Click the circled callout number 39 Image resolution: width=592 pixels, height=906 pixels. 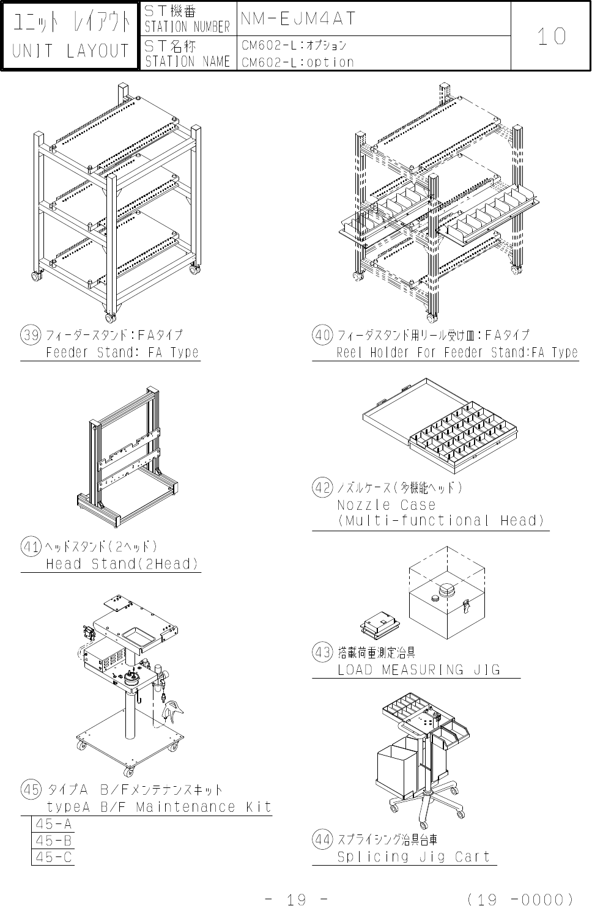pos(31,335)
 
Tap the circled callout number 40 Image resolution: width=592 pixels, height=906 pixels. pos(322,335)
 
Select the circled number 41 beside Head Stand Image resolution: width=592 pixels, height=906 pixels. pos(31,547)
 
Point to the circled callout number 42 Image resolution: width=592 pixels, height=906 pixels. pos(322,487)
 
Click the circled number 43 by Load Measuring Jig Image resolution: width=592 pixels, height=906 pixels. pos(322,652)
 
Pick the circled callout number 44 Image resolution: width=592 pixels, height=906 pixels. pos(322,839)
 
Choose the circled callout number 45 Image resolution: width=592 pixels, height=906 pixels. pos(31,789)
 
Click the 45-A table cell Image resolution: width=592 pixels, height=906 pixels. pos(53,823)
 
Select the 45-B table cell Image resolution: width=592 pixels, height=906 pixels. pos(53,840)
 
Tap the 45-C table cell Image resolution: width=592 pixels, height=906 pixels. pos(53,856)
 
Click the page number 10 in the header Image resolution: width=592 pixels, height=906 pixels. pos(551,37)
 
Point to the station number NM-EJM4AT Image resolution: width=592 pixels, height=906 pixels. pos(298,18)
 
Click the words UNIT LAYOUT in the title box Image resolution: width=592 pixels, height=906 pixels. pos(70,51)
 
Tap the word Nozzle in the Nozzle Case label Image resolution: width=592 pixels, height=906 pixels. pos(364,505)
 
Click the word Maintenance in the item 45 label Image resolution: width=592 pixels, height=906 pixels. pos(185,807)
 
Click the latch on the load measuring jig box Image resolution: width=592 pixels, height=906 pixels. pos(466,606)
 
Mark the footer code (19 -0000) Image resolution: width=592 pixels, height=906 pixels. pos(520,899)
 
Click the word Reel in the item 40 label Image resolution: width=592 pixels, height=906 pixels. pos(349,352)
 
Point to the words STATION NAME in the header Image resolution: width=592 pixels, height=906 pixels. pos(187,62)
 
